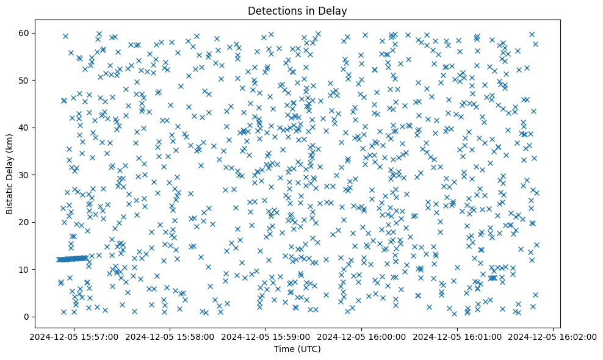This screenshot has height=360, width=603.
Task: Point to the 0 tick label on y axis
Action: tap(28, 317)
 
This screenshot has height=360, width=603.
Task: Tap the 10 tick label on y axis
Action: tap(26, 269)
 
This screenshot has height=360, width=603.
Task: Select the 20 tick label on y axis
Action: tap(26, 222)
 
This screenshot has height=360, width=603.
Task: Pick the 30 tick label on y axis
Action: tap(26, 175)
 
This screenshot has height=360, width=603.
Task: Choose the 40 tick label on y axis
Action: tap(26, 128)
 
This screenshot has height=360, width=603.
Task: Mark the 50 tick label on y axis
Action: tap(26, 80)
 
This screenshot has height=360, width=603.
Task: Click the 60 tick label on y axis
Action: tap(26, 33)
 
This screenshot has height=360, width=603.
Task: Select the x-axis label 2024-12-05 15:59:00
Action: tap(266, 336)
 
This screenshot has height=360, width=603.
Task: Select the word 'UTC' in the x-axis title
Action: tap(309, 349)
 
